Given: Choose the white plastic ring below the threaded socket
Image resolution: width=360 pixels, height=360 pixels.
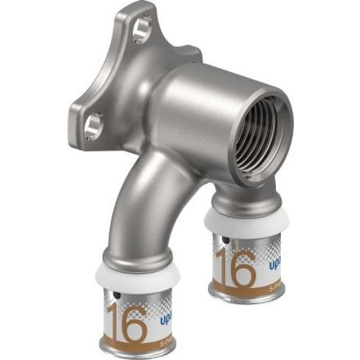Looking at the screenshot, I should pyautogui.click(x=241, y=221).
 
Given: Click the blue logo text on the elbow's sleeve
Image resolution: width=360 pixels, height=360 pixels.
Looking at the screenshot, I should pyautogui.click(x=166, y=320).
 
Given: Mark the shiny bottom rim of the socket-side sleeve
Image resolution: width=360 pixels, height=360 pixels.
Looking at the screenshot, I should pyautogui.click(x=245, y=297).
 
